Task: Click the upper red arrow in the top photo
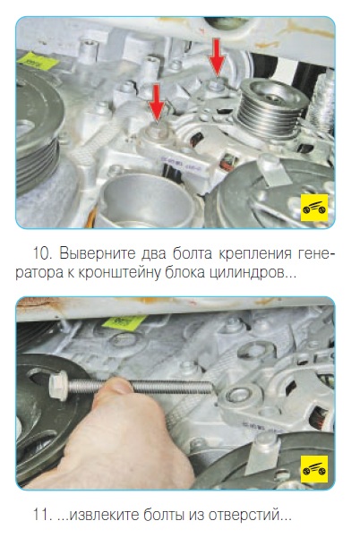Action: pyautogui.click(x=217, y=56)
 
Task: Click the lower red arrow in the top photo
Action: pyautogui.click(x=157, y=103)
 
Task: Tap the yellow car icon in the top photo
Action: pyautogui.click(x=314, y=208)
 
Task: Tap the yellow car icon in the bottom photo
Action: pyautogui.click(x=314, y=469)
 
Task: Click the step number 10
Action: pyautogui.click(x=42, y=254)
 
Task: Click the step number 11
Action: pyautogui.click(x=41, y=515)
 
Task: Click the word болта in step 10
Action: pyautogui.click(x=193, y=254)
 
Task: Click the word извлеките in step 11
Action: pyautogui.click(x=105, y=515)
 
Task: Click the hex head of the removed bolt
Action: pyautogui.click(x=59, y=386)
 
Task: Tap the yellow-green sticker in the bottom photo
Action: pyautogui.click(x=124, y=323)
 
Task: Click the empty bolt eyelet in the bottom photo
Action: pyautogui.click(x=238, y=396)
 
